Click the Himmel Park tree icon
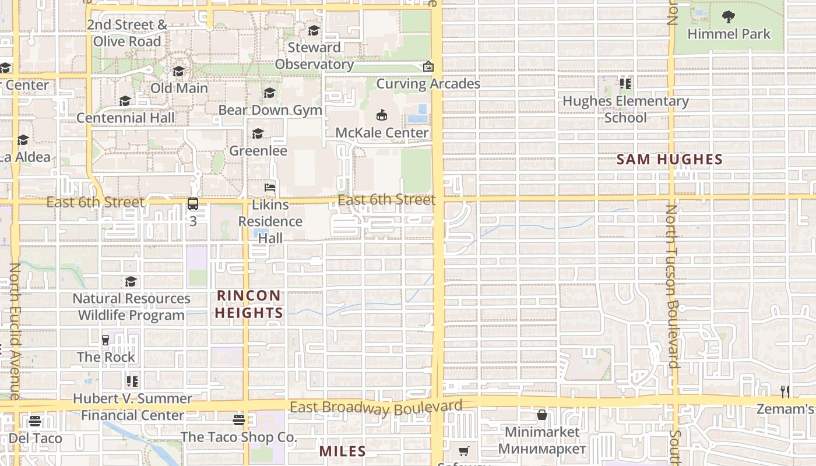(x=729, y=16)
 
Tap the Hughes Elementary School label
(x=625, y=109)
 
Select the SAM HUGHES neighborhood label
(x=670, y=159)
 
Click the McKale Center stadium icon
(x=382, y=115)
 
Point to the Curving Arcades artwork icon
(x=428, y=67)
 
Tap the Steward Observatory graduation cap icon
(x=314, y=30)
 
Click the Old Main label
(x=179, y=88)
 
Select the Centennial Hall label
(x=125, y=118)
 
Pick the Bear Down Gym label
(x=270, y=110)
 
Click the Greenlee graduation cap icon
(x=258, y=134)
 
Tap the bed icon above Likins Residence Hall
(x=270, y=188)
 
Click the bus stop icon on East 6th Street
(x=193, y=204)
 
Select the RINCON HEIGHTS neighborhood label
(x=249, y=304)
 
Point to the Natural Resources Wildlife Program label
(x=131, y=307)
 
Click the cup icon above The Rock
(x=105, y=340)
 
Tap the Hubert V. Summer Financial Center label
(x=132, y=407)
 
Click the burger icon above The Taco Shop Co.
(x=238, y=419)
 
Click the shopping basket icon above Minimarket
(x=542, y=415)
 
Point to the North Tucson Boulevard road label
(x=672, y=285)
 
